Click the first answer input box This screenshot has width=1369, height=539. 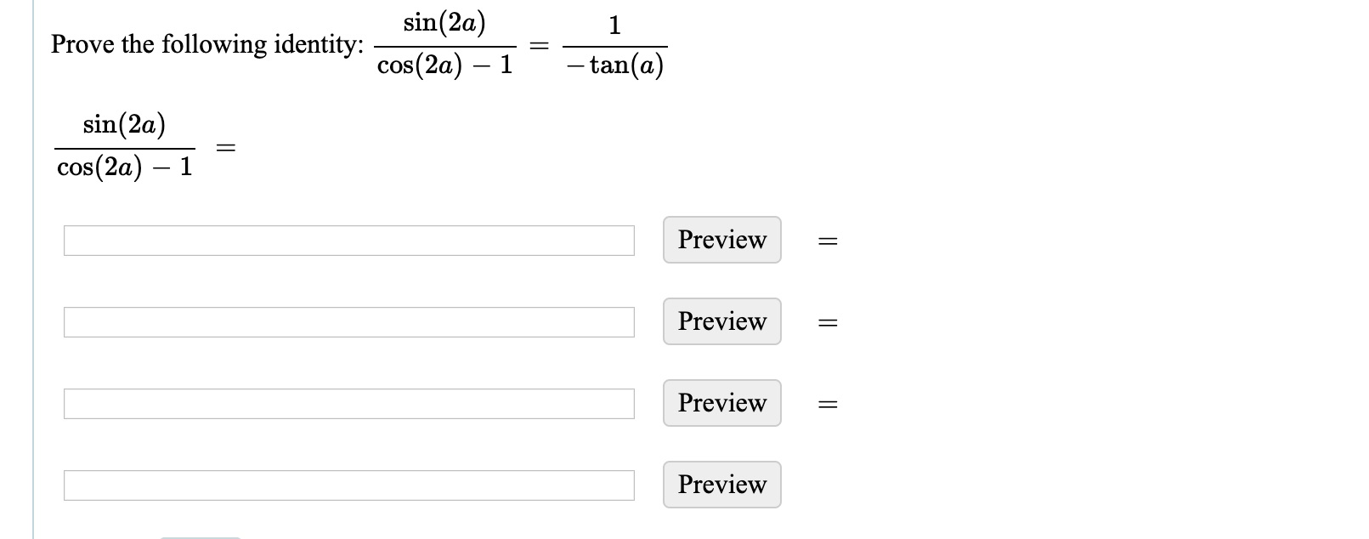(348, 241)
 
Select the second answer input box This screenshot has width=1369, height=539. (348, 322)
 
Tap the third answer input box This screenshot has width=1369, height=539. (348, 404)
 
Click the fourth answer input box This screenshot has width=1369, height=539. (348, 485)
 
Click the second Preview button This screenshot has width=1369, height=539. (721, 321)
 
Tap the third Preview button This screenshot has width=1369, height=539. (721, 403)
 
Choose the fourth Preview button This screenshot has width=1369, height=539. (721, 485)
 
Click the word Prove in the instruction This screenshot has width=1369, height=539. (82, 44)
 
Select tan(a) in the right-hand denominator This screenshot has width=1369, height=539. (625, 65)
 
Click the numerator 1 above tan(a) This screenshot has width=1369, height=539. (614, 26)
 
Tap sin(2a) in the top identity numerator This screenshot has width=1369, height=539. (444, 23)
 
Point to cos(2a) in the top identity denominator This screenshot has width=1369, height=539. (420, 65)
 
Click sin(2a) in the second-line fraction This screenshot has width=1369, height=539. (124, 125)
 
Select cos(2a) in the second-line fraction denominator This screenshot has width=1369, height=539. (99, 167)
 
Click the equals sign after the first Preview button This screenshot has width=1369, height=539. (827, 242)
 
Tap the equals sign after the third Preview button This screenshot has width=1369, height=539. (827, 406)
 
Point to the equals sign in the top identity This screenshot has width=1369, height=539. (539, 46)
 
